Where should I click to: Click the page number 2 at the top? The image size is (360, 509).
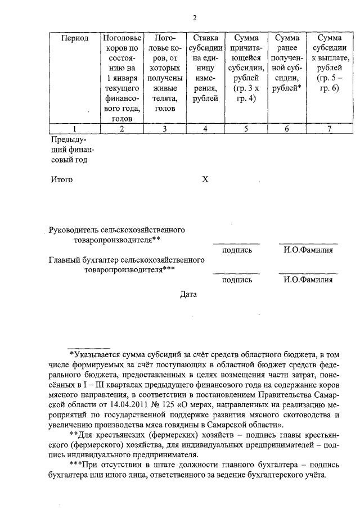click(x=194, y=17)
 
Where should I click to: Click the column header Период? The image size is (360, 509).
click(x=75, y=38)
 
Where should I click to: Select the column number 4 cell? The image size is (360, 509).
click(x=205, y=129)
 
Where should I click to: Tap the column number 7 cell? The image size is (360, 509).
click(x=330, y=129)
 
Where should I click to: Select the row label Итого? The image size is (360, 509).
click(x=62, y=180)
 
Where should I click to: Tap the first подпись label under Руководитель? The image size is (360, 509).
click(x=237, y=250)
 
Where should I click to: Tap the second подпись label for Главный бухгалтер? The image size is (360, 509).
click(x=237, y=280)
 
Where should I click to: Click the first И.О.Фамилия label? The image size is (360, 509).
click(x=308, y=250)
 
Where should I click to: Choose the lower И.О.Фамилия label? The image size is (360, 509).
click(x=308, y=280)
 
